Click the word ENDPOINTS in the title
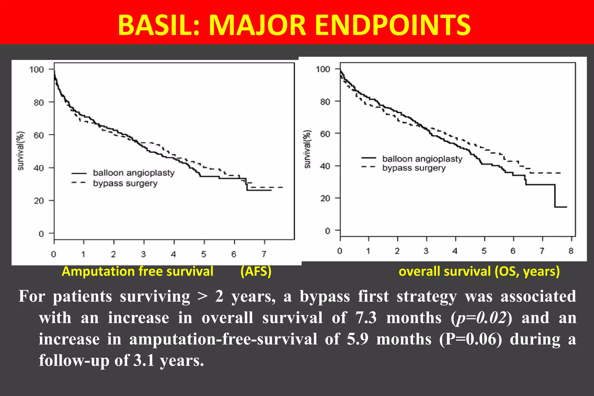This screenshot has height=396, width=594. (393, 26)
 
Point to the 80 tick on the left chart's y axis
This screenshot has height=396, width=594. (39, 103)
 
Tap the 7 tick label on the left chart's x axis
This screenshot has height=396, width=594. (264, 254)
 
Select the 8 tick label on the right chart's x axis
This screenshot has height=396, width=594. (571, 251)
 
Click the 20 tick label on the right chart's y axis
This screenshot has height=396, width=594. (325, 199)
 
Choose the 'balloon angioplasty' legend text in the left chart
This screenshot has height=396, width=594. (134, 173)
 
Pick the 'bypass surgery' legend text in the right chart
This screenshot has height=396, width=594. (414, 168)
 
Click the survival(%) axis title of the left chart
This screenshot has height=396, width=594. (21, 151)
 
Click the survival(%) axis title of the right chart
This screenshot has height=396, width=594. (307, 149)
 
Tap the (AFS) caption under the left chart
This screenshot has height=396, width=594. (256, 272)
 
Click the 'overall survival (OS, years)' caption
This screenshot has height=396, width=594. (479, 272)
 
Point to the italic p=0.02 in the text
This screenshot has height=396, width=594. (481, 318)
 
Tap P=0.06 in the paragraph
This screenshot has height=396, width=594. (470, 339)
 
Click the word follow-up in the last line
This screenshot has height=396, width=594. (74, 361)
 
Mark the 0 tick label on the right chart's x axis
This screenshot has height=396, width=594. (340, 251)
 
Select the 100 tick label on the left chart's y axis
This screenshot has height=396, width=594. (37, 70)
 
